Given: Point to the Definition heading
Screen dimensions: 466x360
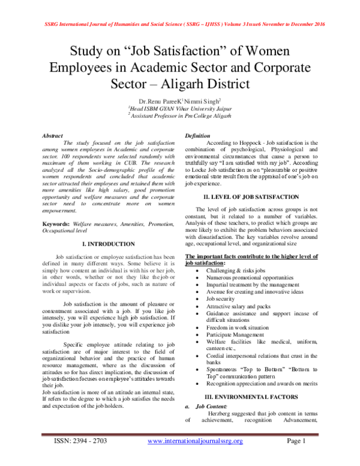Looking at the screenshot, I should (197, 136).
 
